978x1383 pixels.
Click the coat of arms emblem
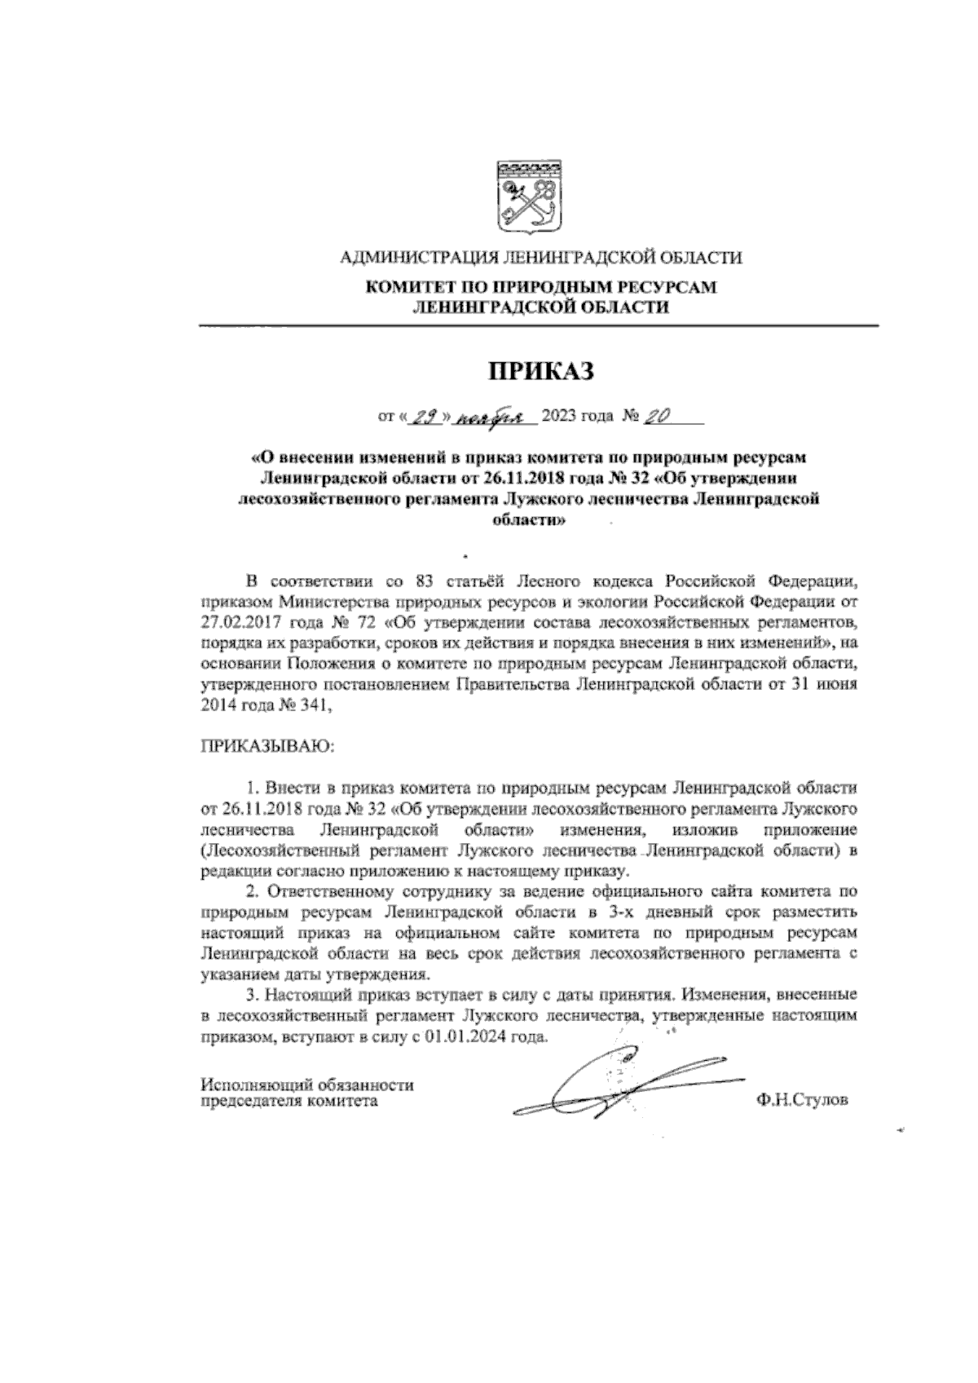[526, 196]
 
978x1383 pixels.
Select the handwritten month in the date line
[490, 418]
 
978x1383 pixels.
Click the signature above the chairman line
[619, 1085]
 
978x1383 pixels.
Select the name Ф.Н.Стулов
[802, 1100]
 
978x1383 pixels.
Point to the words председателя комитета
[289, 1101]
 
